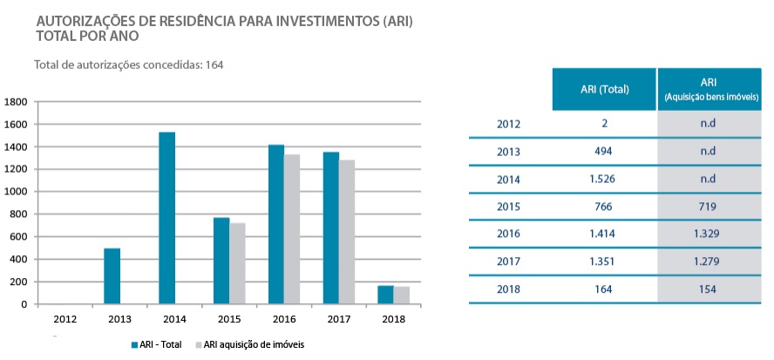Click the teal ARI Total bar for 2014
[166, 218]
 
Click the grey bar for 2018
[401, 295]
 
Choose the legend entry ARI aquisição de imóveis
[253, 344]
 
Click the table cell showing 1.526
[604, 179]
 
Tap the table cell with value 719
[708, 207]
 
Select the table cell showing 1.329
[708, 234]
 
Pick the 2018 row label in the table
[508, 289]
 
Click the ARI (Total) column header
[604, 89]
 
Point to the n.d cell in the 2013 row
[708, 151]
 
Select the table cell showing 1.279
[708, 262]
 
